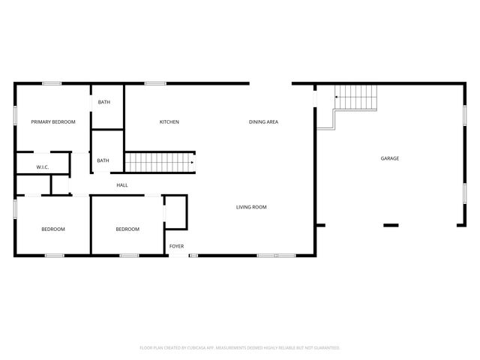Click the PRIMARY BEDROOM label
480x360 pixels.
coord(52,121)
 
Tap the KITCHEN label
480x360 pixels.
coord(169,121)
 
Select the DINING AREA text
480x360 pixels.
coord(264,121)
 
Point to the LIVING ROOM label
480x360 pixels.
coord(251,207)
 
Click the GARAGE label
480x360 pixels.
coord(389,158)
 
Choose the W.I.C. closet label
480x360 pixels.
coord(43,166)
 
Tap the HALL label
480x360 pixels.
coord(121,184)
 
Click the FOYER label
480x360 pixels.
coord(176,246)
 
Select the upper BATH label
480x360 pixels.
coord(103,102)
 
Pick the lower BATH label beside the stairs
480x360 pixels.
coord(103,160)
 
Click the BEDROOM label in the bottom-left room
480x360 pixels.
coord(52,229)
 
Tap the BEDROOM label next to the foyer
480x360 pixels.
coord(127,229)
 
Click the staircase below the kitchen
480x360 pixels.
coord(157,161)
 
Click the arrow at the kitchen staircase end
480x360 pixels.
coord(192,161)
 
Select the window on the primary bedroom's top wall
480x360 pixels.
coord(52,83)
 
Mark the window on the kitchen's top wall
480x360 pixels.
coord(155,83)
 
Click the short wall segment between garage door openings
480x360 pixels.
coord(391,224)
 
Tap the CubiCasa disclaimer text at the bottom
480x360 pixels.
coord(240,347)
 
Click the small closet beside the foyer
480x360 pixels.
coord(175,211)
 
